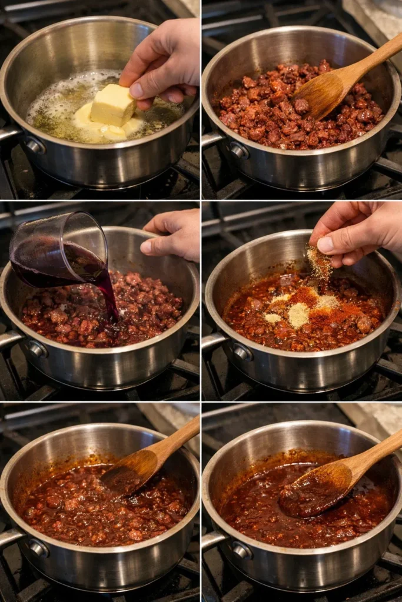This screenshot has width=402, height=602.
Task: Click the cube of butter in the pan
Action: pyautogui.click(x=112, y=105)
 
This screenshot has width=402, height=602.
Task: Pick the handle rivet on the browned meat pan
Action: pyautogui.click(x=239, y=150)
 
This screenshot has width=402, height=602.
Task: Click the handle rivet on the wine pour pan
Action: pyautogui.click(x=38, y=349)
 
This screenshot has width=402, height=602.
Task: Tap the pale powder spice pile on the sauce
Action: pyautogui.click(x=298, y=315)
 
